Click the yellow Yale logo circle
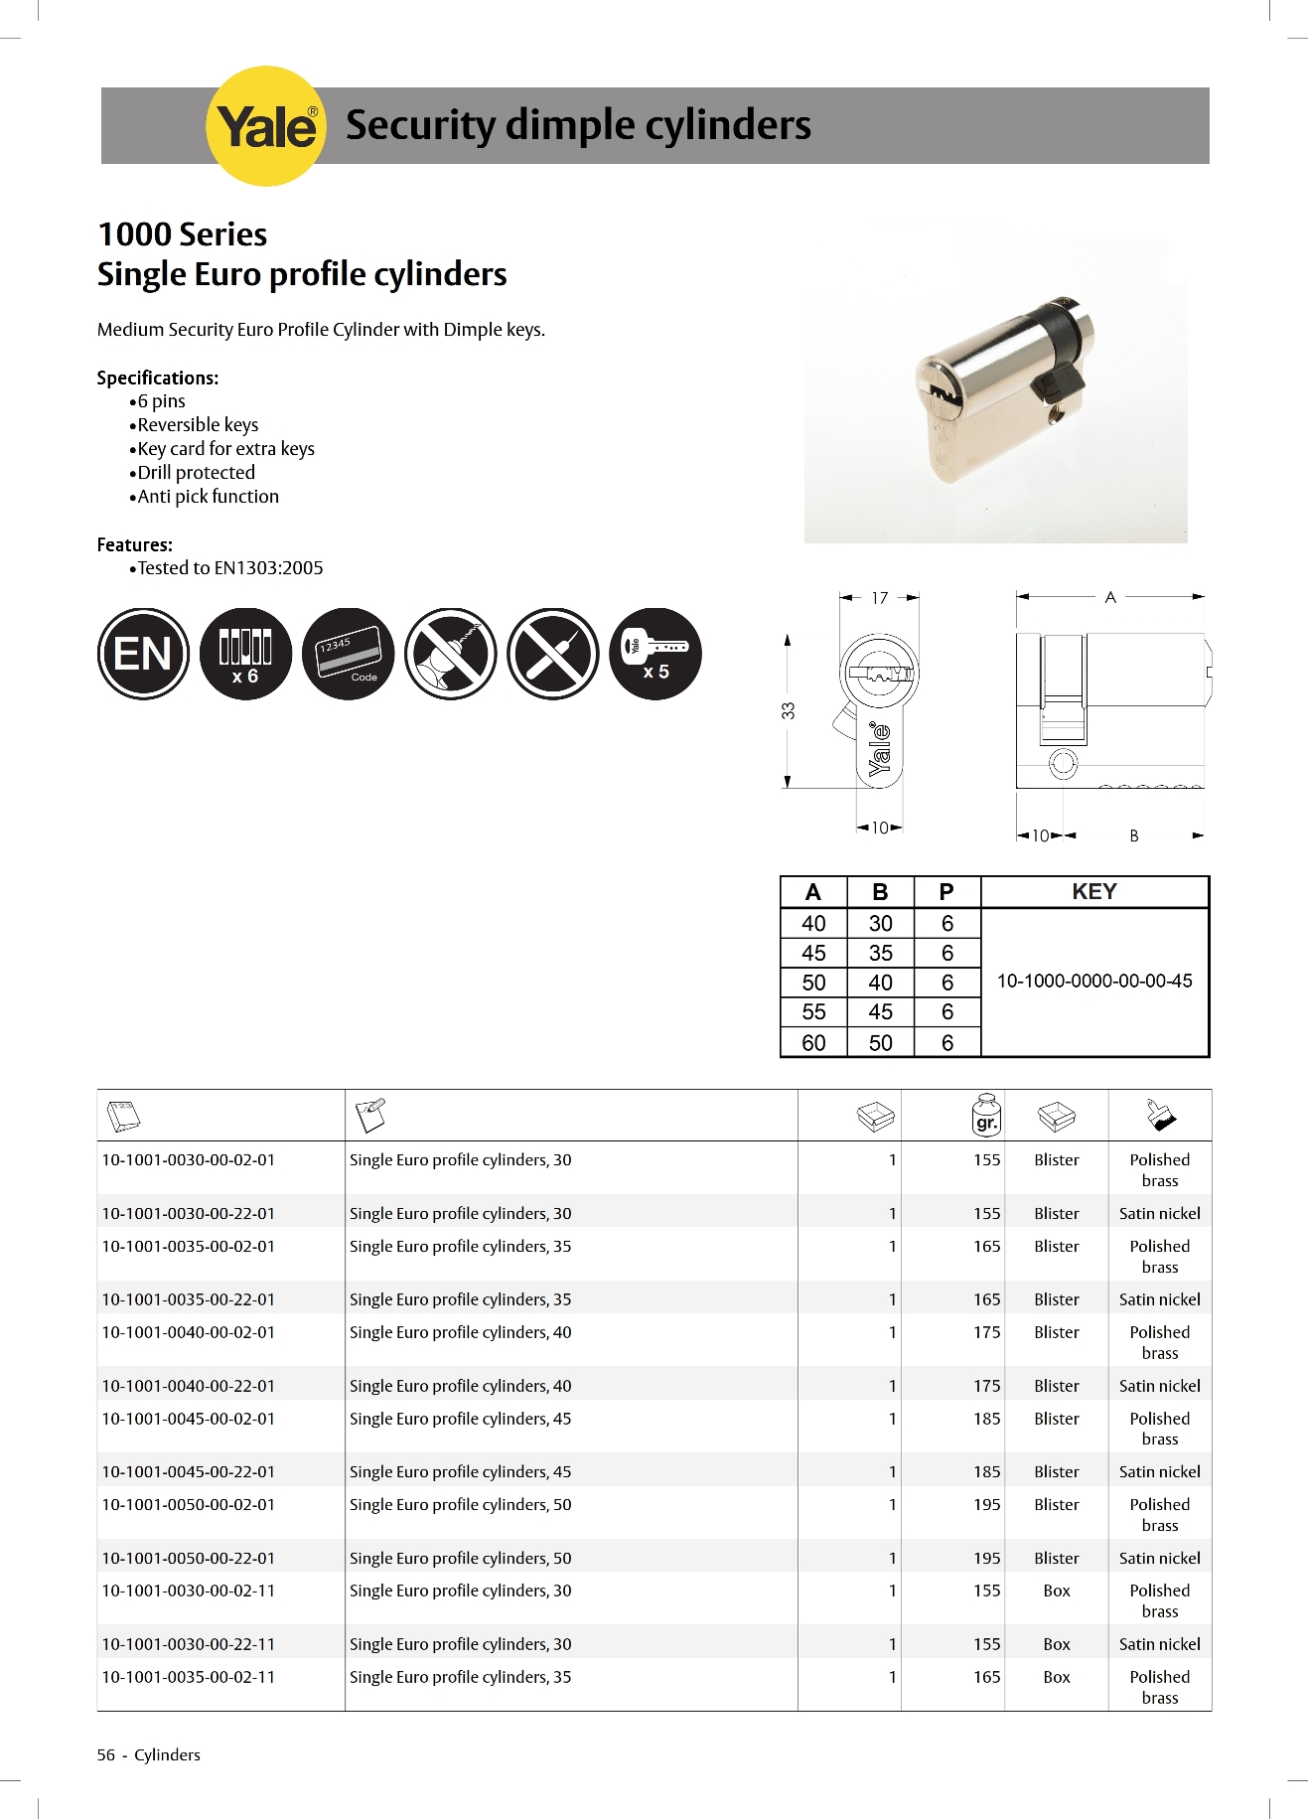(x=265, y=126)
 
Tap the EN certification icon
(x=143, y=654)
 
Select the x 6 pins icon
(x=245, y=654)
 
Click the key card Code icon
(x=348, y=654)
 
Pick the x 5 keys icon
(x=654, y=654)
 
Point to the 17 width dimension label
(x=879, y=598)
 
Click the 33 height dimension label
(x=788, y=710)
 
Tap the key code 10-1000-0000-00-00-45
(x=1093, y=982)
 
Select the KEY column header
(x=1093, y=892)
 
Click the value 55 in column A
(x=813, y=1012)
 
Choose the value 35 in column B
(x=880, y=954)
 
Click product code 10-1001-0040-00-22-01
(x=189, y=1386)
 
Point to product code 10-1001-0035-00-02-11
(x=189, y=1677)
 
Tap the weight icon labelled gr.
(x=986, y=1116)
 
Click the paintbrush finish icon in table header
(x=1159, y=1116)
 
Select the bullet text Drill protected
(x=196, y=473)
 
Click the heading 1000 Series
(x=183, y=234)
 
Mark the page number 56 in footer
(x=105, y=1755)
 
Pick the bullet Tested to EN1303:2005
(x=229, y=568)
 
